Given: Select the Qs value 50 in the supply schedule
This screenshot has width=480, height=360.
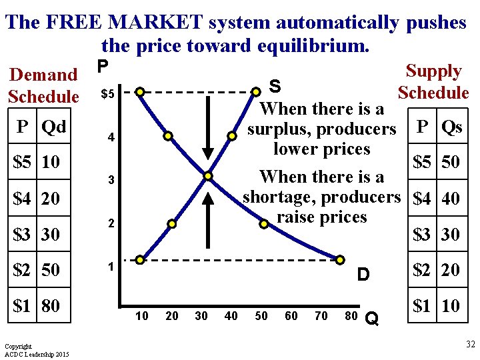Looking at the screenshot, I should [451, 162].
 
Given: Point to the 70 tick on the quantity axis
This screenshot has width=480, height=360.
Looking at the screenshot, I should [321, 316].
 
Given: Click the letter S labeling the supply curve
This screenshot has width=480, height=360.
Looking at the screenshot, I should [274, 86].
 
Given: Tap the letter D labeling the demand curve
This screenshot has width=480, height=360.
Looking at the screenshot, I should [363, 274].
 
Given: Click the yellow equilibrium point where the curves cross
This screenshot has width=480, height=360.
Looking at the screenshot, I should [208, 176].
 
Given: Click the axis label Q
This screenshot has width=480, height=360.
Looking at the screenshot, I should [372, 321].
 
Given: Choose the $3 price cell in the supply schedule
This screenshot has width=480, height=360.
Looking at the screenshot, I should [421, 234].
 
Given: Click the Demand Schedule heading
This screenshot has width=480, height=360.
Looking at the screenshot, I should [44, 85].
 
